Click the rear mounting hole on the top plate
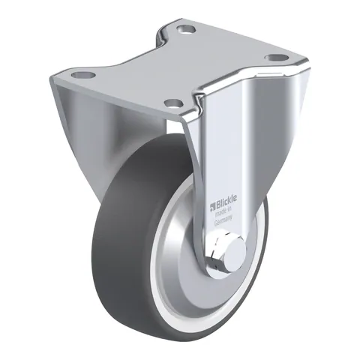[186, 30]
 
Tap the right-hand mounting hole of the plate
[276, 58]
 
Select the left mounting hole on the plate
[83, 74]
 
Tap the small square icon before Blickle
[212, 207]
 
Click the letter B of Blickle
[217, 205]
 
